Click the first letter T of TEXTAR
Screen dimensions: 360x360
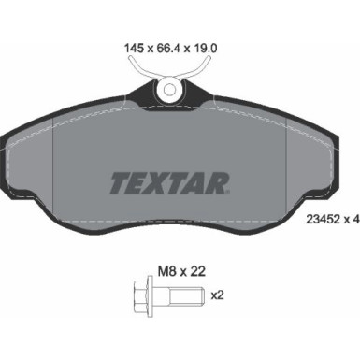tap(121, 180)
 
